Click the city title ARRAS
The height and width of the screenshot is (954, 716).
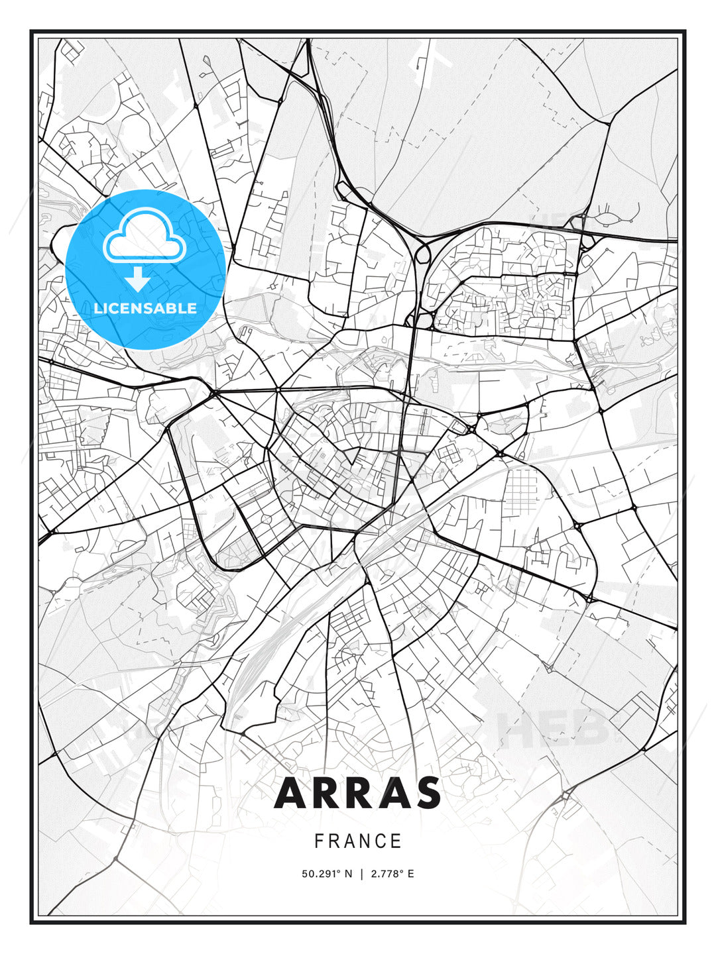357,793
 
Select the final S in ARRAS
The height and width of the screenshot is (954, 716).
427,793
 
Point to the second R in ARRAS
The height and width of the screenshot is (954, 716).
359,793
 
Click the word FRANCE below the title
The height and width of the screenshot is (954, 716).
358,841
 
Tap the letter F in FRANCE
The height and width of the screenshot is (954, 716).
319,841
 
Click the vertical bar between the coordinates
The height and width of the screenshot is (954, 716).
361,874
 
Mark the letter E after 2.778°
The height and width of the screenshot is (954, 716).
411,874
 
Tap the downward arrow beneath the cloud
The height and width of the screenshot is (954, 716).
138,279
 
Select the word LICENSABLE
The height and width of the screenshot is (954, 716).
145,308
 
